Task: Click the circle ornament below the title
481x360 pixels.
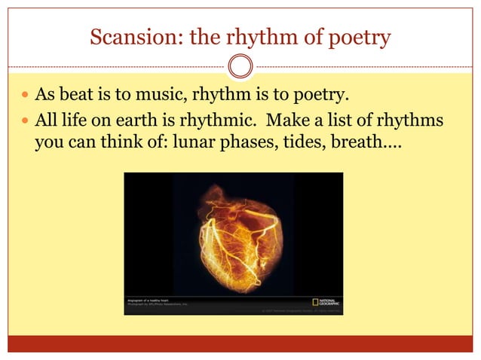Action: pos(240,67)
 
